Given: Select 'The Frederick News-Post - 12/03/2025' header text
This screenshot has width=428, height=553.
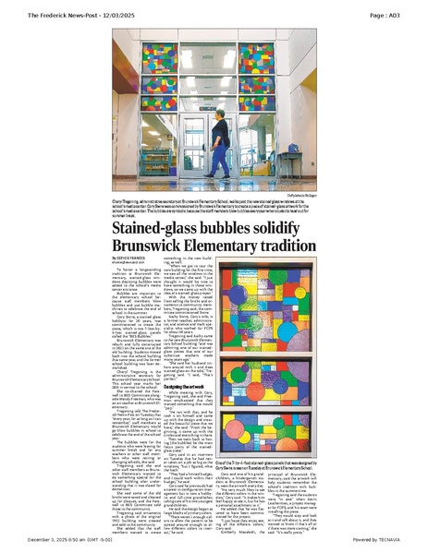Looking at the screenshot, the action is click(83, 16).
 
